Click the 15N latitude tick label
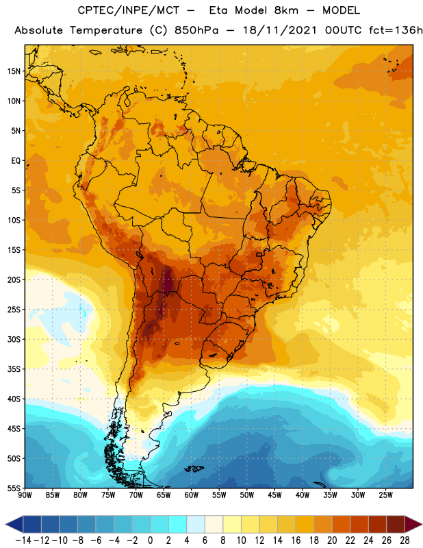[14, 71]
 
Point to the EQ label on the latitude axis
[16, 161]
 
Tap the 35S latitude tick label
[14, 369]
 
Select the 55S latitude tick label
[14, 488]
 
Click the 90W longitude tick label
[25, 495]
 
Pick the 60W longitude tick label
[192, 495]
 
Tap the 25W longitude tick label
[385, 495]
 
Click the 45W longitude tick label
[274, 495]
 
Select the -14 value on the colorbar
[23, 540]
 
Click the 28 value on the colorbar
[405, 540]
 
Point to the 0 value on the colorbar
[150, 540]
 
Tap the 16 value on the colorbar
[296, 540]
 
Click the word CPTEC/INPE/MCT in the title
[128, 11]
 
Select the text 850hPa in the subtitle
[196, 30]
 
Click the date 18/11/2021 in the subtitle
[279, 30]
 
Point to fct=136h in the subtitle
[396, 30]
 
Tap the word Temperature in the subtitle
[105, 30]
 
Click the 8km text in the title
[286, 10]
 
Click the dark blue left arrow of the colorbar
[14, 524]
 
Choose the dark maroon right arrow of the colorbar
[413, 524]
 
